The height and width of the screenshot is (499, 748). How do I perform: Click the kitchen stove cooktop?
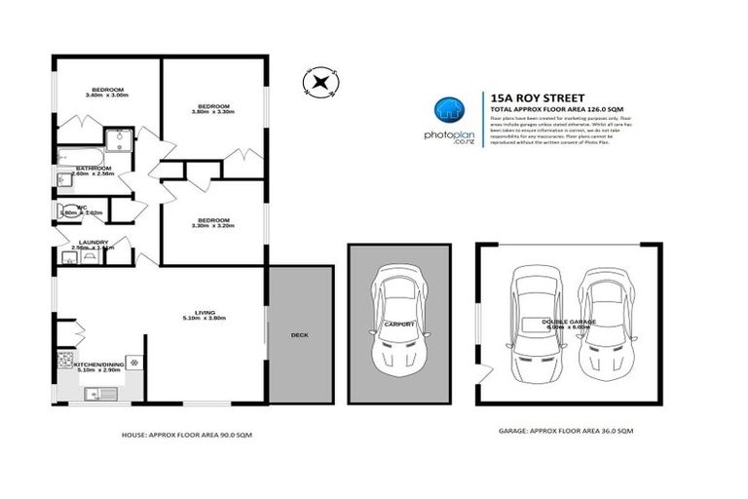coord(67,361)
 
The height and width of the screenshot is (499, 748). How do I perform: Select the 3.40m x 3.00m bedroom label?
coord(107,92)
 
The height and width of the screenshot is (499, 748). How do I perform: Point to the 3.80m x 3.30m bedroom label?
coord(212,108)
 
